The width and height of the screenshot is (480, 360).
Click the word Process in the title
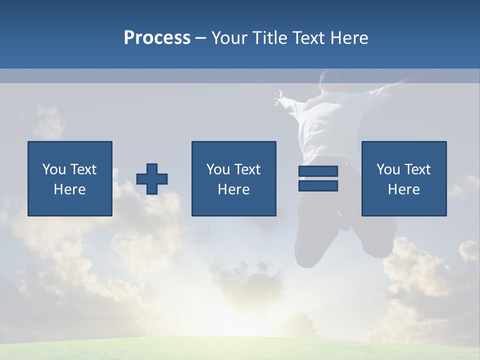point(157,38)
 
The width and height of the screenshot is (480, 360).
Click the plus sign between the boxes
point(152,179)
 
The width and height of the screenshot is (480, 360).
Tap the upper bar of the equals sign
point(318,171)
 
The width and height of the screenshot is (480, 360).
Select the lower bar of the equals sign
point(318,185)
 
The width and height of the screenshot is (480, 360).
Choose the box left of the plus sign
point(70,178)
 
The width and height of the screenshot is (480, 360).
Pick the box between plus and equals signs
point(233,178)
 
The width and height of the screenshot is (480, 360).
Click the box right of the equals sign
point(403,178)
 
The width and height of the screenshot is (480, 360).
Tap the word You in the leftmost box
point(53,169)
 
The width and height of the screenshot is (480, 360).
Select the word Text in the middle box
point(247,169)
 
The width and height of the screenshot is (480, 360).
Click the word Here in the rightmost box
point(403,189)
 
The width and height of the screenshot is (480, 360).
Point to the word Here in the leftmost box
point(70,189)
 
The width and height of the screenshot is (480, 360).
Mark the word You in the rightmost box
point(387,169)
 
